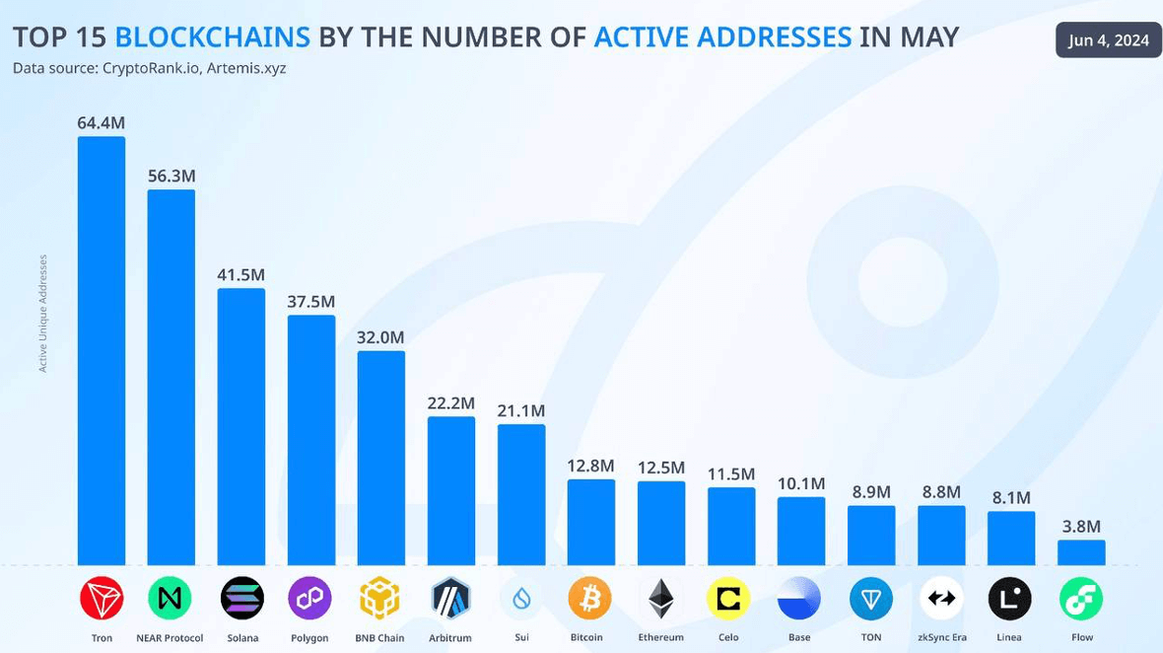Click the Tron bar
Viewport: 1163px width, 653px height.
[x=102, y=350]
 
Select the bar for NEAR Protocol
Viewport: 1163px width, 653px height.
[x=171, y=377]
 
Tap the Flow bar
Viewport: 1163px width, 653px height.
[x=1081, y=552]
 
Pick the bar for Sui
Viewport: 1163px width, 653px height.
[x=521, y=494]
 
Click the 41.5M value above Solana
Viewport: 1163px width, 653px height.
[x=241, y=274]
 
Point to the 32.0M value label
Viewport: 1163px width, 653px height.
[x=380, y=336]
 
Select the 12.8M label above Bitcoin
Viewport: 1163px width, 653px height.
[x=591, y=465]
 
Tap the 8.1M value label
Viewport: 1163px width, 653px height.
[x=1011, y=497]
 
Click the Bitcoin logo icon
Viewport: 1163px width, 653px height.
[x=590, y=598]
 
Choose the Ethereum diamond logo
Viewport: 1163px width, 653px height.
[x=660, y=598]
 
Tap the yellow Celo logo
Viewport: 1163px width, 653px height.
[x=729, y=598]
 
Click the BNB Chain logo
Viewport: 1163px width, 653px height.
[x=379, y=598]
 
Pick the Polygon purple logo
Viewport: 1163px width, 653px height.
[x=309, y=598]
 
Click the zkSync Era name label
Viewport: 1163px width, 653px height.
[x=940, y=637]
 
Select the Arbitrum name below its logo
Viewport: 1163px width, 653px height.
[x=451, y=637]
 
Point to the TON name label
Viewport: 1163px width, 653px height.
[x=871, y=637]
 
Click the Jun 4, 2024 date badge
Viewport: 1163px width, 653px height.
[x=1109, y=40]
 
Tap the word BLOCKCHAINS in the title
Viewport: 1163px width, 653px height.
[x=213, y=37]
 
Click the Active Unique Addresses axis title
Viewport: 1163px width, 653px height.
[x=43, y=314]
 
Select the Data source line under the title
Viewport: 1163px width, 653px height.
[x=150, y=68]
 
